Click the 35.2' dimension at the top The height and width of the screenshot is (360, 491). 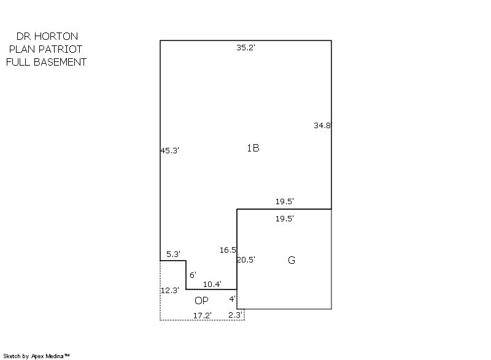(246, 48)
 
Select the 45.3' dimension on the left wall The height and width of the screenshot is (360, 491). (170, 150)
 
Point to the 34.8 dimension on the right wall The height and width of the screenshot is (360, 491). (322, 126)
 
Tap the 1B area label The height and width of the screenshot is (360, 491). (253, 148)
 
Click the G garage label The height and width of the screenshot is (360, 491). (291, 260)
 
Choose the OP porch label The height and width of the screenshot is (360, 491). (201, 301)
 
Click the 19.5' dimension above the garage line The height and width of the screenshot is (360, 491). (285, 201)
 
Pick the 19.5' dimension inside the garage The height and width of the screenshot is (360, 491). (285, 218)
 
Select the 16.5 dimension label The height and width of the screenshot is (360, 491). (228, 250)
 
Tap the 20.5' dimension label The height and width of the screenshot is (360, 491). (246, 259)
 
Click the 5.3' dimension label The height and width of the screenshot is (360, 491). (173, 254)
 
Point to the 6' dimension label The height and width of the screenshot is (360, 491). (193, 275)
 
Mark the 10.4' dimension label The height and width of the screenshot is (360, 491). (212, 285)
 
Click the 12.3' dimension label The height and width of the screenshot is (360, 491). (170, 290)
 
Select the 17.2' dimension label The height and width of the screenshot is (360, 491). (203, 316)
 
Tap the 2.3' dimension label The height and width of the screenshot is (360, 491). (236, 315)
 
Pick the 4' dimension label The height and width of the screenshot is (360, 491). (232, 299)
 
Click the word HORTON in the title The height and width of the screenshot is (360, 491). (56, 36)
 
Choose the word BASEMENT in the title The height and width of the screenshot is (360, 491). (60, 62)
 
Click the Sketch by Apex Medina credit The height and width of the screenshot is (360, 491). (36, 356)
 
